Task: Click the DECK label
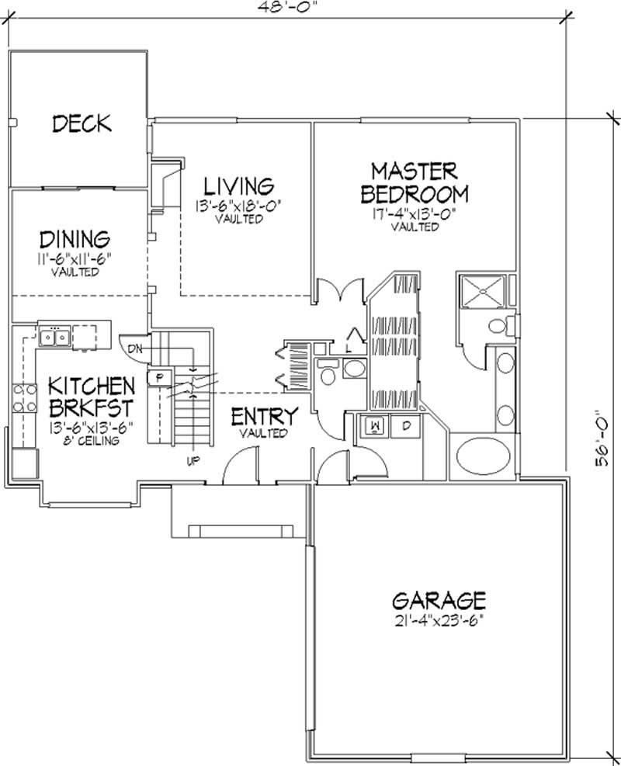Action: [x=81, y=123]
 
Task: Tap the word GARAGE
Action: [x=439, y=600]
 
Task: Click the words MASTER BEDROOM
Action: [x=415, y=182]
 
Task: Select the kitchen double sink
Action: [x=54, y=337]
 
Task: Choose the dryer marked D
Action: [x=405, y=426]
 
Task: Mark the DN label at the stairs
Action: [x=134, y=348]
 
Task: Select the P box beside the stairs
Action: [x=159, y=377]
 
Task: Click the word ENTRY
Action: [x=264, y=417]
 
